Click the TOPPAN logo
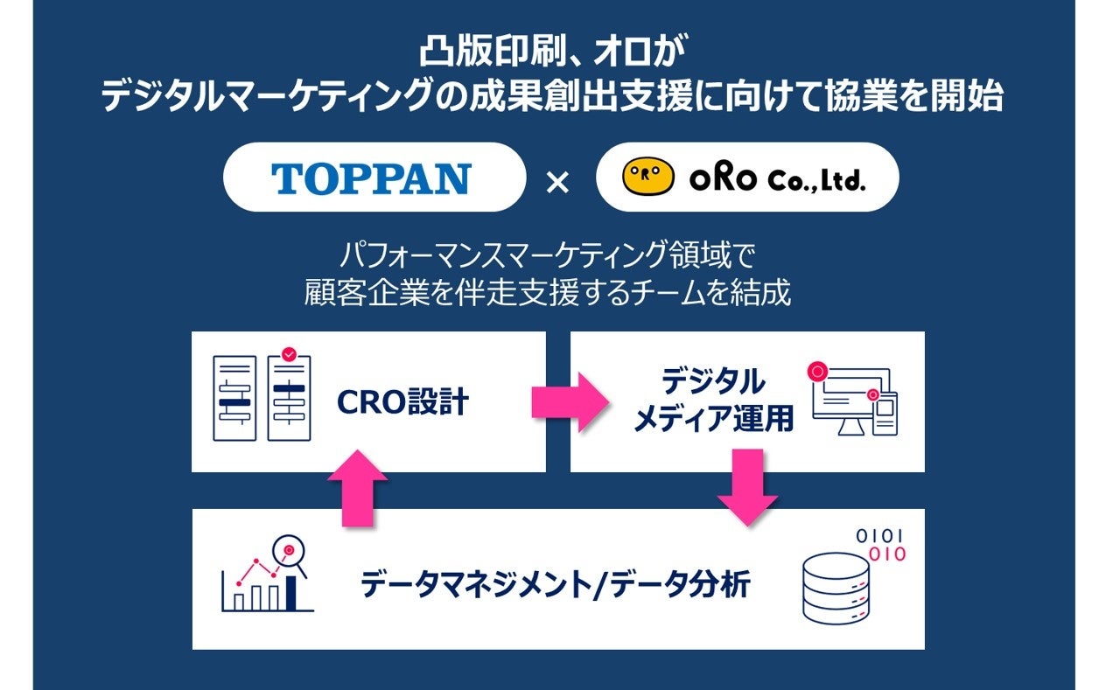pos(371,178)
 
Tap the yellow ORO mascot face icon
pos(647,178)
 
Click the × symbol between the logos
pos(557,182)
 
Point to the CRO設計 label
pos(402,403)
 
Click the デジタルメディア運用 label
pos(712,401)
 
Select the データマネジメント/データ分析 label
pos(556,584)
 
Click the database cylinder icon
pos(836,588)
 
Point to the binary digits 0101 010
pos(880,545)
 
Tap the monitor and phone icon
pos(854,400)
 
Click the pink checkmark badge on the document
pos(289,354)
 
